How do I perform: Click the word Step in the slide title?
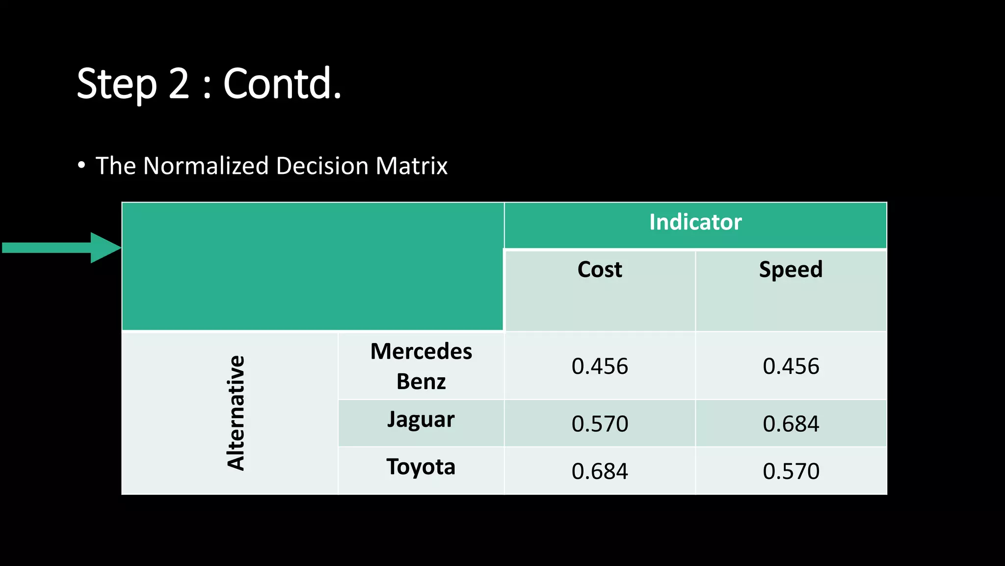117,85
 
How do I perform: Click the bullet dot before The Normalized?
81,165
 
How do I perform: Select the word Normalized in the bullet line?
206,166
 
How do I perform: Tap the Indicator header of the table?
695,222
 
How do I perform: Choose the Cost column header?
600,269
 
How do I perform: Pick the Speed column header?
791,269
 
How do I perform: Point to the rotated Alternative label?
236,413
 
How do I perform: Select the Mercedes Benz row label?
421,366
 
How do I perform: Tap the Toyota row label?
421,467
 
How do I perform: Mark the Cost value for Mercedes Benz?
600,367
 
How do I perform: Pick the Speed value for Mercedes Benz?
791,367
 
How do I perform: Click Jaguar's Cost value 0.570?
600,424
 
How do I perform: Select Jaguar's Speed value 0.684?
791,424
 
